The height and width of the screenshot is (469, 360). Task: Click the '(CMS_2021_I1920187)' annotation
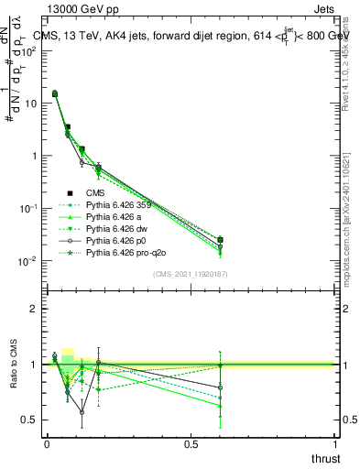coord(191,275)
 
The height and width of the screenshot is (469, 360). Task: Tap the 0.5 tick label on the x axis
coord(191,444)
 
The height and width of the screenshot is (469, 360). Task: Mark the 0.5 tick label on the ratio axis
coord(29,420)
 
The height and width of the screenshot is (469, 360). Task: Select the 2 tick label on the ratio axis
coord(33,309)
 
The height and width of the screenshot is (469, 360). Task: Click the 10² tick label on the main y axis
coord(27,51)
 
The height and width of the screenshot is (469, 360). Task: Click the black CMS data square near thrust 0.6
coord(220,240)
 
